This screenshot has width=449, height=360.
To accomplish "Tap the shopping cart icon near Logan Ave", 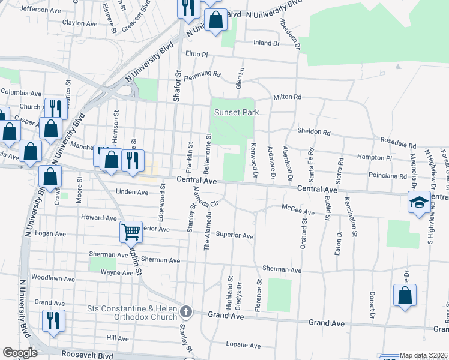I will (130, 230).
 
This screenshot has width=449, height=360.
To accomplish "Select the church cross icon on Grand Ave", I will (186, 311).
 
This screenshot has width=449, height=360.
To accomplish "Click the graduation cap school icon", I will (418, 202).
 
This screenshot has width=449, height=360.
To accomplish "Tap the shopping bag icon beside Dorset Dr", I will (405, 296).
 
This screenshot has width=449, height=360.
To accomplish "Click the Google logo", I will (20, 352).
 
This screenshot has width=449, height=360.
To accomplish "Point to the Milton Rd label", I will (287, 97).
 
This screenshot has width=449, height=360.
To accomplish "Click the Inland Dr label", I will (267, 43).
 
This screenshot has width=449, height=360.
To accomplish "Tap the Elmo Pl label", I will (196, 54).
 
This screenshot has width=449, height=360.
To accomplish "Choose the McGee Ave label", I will (298, 212).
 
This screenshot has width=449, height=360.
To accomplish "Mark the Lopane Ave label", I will (243, 346).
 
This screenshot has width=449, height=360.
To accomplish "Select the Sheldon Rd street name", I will (314, 132).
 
